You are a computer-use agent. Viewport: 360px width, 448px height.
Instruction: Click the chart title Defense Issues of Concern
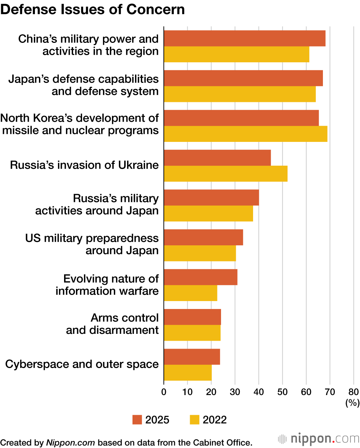point(93,9)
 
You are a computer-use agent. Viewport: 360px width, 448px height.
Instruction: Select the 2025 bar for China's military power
point(244,39)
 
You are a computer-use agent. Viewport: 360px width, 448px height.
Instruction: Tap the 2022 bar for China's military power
point(237,54)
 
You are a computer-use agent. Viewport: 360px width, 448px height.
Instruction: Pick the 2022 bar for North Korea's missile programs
point(246,134)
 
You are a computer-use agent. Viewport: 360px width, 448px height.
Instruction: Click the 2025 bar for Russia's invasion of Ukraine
point(217,158)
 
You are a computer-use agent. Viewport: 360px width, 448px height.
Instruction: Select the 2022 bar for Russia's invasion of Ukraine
point(225,174)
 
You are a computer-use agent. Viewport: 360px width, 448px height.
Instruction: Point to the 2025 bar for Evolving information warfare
point(201,277)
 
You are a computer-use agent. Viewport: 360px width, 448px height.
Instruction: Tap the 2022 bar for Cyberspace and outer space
point(188,373)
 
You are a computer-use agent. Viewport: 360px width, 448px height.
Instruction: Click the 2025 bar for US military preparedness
point(203,237)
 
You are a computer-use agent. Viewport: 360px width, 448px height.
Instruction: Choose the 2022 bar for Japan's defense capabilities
point(240,94)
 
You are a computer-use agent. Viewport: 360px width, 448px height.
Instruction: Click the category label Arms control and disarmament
point(112,324)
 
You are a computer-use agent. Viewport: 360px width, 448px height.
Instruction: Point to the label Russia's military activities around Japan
point(97,205)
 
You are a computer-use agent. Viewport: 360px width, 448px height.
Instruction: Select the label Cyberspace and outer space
point(82,364)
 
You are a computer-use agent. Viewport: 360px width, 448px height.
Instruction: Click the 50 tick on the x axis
point(282,392)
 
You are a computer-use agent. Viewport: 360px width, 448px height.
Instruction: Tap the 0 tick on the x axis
point(164,392)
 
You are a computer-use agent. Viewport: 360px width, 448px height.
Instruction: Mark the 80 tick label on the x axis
point(354,392)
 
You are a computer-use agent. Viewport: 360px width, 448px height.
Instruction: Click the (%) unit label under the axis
point(352,403)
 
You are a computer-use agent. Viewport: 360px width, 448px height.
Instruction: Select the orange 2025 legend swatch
point(137,420)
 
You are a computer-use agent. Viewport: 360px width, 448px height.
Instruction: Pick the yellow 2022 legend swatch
point(194,420)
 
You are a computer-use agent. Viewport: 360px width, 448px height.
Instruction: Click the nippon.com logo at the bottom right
point(319,439)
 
